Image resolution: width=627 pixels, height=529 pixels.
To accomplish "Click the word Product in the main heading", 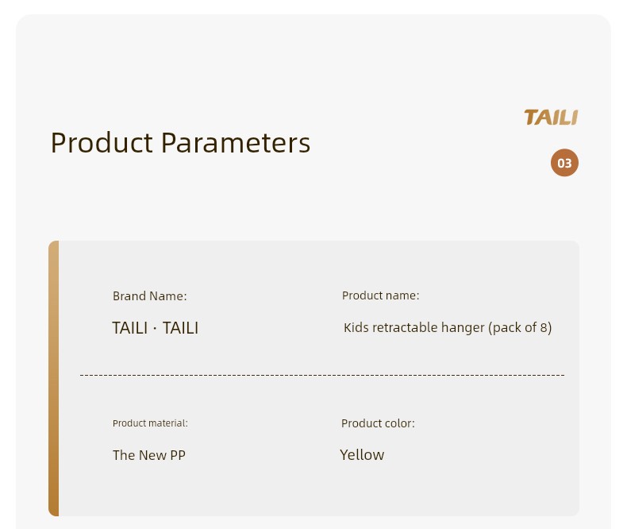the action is (x=102, y=142).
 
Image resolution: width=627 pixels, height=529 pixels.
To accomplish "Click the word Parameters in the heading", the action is (x=236, y=142).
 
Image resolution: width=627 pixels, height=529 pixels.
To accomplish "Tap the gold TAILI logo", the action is (x=551, y=118).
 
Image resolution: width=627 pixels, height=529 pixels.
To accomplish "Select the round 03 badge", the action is (x=564, y=163).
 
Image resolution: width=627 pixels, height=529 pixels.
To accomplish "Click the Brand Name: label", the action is (x=149, y=296).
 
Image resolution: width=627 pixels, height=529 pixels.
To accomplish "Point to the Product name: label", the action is (x=380, y=295).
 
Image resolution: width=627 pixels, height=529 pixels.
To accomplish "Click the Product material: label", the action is (x=150, y=423).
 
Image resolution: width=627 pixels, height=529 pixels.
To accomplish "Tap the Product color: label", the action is (x=378, y=423).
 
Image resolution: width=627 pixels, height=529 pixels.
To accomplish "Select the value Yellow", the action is (x=362, y=455).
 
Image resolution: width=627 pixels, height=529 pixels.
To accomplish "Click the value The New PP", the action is (x=149, y=455).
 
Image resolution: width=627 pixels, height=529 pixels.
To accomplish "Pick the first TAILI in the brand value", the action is (x=130, y=328).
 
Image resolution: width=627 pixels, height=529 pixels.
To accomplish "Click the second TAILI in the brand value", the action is (x=180, y=328).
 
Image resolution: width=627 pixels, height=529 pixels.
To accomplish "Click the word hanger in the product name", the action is (x=463, y=329).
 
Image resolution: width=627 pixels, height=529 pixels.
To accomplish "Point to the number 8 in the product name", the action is (x=544, y=328).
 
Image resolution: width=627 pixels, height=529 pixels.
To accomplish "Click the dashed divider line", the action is (x=322, y=376).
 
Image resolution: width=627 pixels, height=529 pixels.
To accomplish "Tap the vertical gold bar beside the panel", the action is (x=54, y=379).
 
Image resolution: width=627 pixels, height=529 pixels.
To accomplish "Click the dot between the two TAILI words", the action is (x=155, y=329).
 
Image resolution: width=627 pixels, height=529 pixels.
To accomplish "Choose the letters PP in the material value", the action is (x=178, y=455).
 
